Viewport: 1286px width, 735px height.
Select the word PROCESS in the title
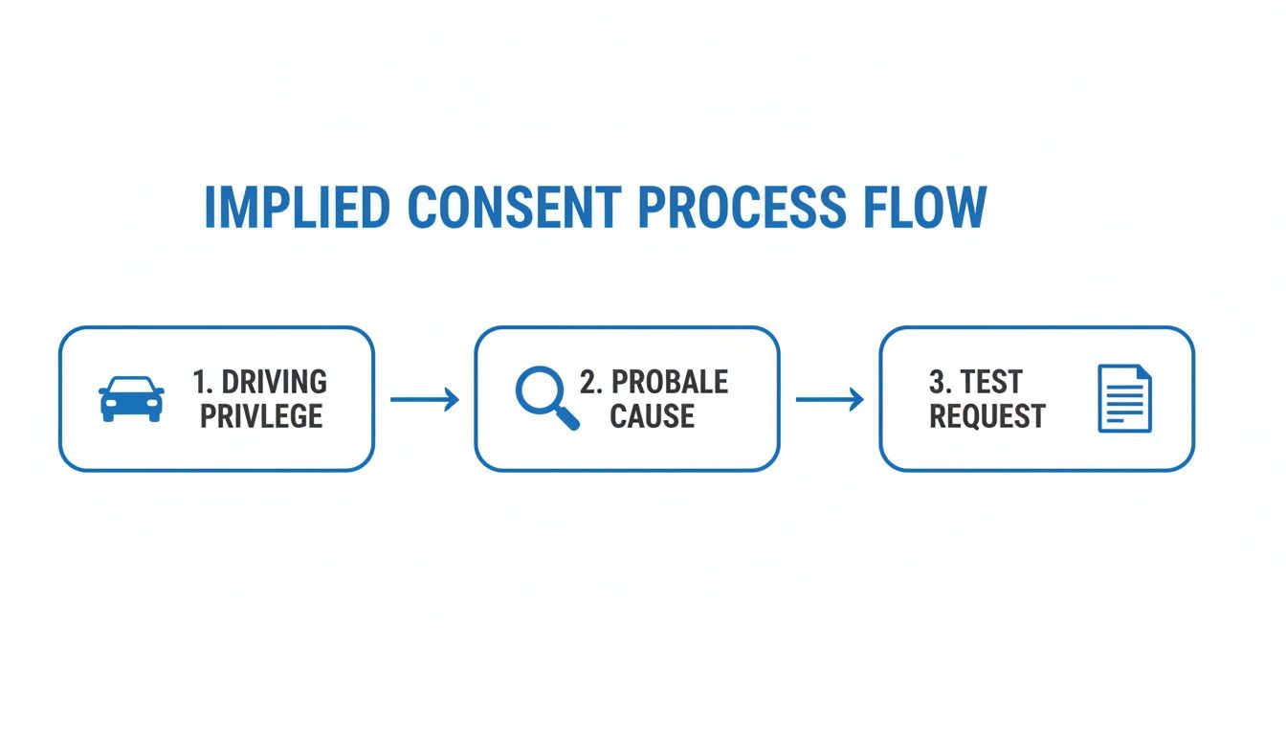[742, 207]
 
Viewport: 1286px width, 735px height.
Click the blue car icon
[131, 399]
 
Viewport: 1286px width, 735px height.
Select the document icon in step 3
[1125, 398]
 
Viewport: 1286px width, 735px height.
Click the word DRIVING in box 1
[275, 382]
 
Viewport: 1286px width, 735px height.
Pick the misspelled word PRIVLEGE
[261, 416]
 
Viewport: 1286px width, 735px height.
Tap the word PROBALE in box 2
[670, 382]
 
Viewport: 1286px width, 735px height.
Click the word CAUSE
[652, 416]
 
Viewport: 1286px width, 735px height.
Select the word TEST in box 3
[991, 382]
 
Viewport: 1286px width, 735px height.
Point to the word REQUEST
[987, 416]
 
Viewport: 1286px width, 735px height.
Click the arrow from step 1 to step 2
[424, 399]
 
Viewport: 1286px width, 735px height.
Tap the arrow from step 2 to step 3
[829, 399]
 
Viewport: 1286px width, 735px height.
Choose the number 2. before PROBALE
[590, 382]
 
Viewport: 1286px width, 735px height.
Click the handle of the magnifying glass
[567, 419]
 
